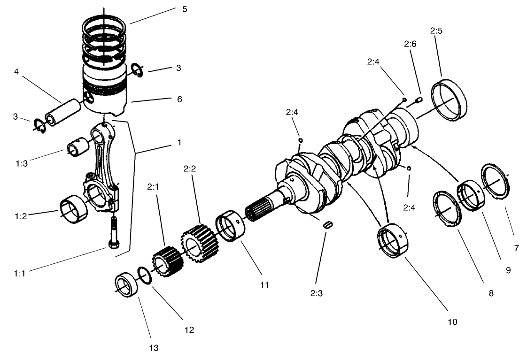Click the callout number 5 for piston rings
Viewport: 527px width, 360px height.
(x=184, y=9)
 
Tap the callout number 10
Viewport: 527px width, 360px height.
(x=452, y=322)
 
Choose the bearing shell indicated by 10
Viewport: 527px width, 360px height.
(x=393, y=242)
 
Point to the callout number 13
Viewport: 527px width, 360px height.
(x=154, y=348)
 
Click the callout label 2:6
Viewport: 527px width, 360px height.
(x=410, y=44)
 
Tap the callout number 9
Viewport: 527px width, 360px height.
(x=508, y=270)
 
